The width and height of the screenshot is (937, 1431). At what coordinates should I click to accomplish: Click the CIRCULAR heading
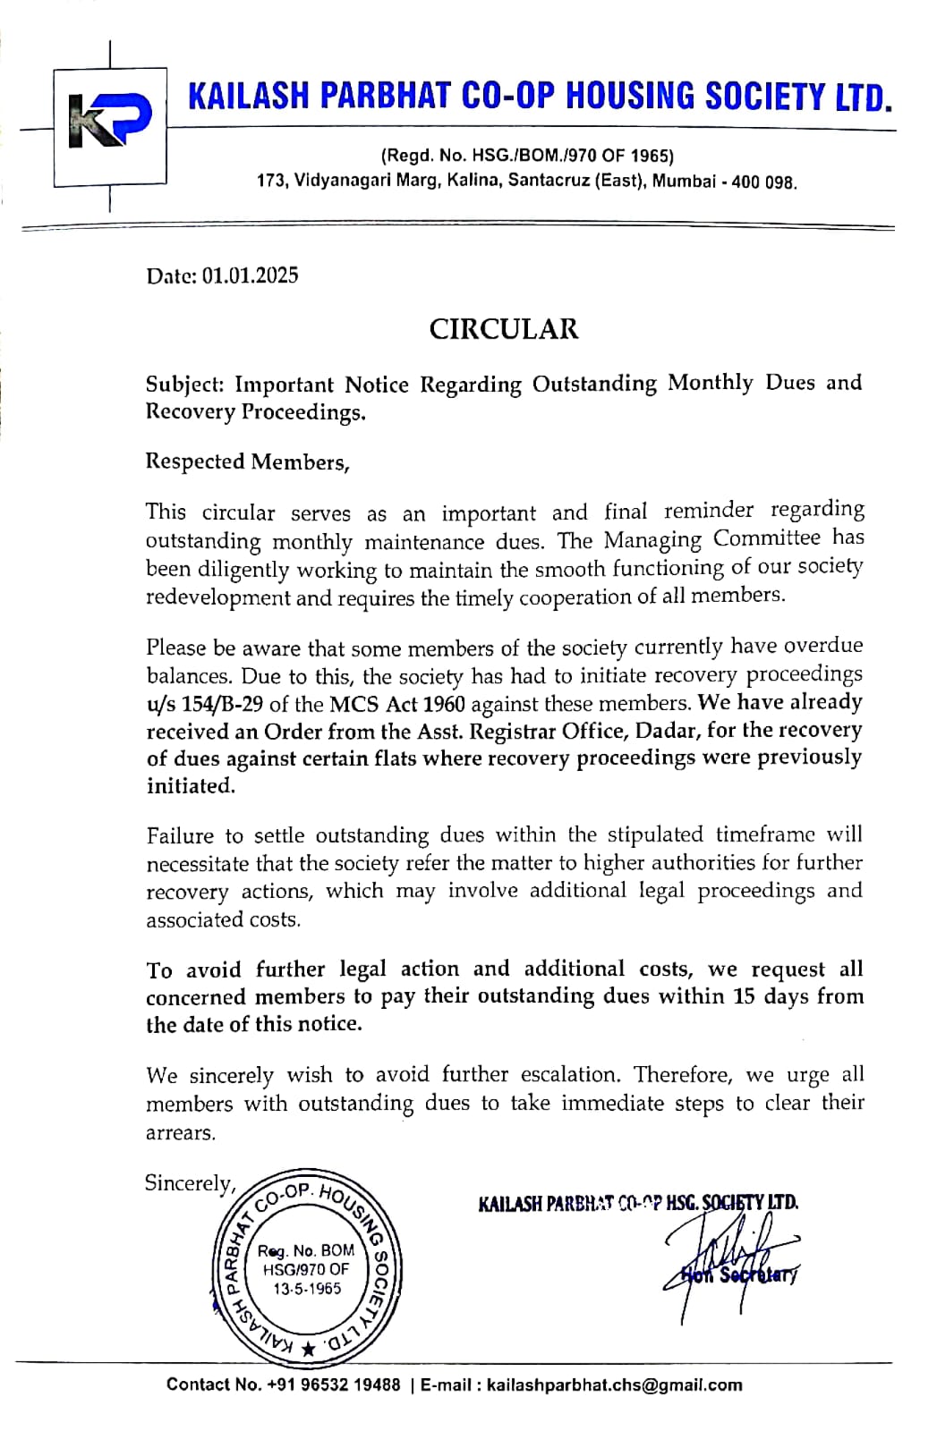pos(504,328)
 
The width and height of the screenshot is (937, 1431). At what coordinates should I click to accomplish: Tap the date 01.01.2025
pos(250,275)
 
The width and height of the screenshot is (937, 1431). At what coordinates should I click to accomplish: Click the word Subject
pos(184,385)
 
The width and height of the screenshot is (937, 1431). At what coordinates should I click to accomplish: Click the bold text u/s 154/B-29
pos(204,704)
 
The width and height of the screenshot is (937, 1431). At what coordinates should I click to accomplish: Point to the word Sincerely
pos(189,1183)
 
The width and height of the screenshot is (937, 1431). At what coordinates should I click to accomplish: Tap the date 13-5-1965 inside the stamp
pos(307,1289)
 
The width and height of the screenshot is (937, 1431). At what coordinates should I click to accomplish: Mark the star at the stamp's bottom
pos(309,1350)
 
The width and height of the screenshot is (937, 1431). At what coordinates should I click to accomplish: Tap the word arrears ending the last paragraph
pos(181,1133)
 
